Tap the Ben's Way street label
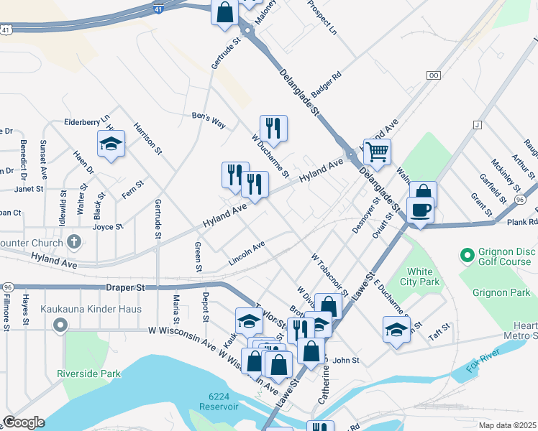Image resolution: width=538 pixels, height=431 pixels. (x=209, y=119)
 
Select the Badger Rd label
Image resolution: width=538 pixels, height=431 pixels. (x=326, y=80)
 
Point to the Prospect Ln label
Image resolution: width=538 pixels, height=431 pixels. (x=322, y=18)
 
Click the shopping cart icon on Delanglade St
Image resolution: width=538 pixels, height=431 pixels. (x=377, y=152)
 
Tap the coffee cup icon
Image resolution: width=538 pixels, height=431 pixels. (x=421, y=210)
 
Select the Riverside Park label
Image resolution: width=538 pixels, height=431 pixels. (x=91, y=374)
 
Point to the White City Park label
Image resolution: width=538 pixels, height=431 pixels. (x=419, y=277)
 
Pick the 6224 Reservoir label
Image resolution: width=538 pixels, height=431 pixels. (x=223, y=402)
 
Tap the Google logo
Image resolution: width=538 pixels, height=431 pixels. (x=24, y=422)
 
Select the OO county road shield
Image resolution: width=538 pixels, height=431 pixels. (x=433, y=75)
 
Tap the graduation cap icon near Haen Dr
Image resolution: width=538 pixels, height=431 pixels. (x=111, y=144)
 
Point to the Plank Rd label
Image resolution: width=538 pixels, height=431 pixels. (x=522, y=222)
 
